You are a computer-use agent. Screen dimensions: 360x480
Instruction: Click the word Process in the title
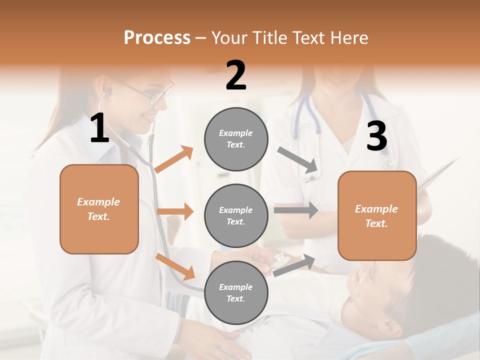[157, 37]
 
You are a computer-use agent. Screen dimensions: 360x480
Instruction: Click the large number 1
[100, 128]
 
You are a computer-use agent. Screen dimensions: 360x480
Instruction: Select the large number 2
[236, 75]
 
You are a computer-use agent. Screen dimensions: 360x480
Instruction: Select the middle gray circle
[236, 215]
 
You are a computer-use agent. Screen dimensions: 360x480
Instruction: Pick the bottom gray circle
[236, 292]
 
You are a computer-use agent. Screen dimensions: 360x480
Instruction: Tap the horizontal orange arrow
[175, 211]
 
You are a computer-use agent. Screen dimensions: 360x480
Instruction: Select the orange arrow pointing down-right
[175, 266]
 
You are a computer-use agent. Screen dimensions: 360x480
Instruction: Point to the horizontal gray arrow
[295, 210]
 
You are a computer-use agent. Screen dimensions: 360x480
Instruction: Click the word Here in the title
[350, 38]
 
